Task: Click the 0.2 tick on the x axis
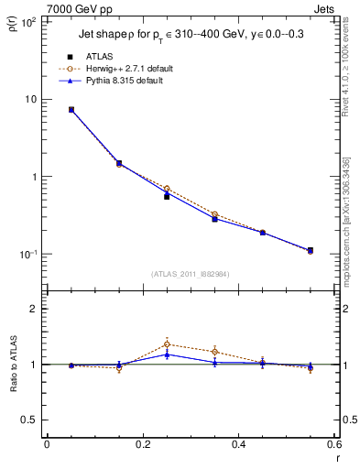pos(143,444)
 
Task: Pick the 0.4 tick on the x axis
pos(238,444)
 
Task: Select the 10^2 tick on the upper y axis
pos(28,22)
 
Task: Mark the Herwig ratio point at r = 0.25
pos(167,344)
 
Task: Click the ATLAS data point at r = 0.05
pos(71,110)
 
